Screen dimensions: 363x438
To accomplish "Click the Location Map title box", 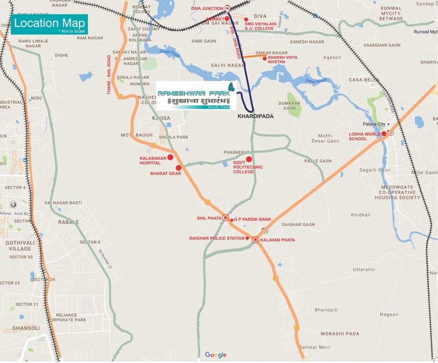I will [x=49, y=25].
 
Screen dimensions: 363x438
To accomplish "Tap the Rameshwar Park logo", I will [x=196, y=95].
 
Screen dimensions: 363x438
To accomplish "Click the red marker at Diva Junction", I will [x=228, y=8].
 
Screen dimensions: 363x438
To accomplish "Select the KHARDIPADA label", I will [x=255, y=116].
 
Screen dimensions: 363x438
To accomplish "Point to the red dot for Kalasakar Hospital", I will [x=171, y=157].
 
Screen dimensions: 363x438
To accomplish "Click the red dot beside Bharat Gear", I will [x=179, y=168].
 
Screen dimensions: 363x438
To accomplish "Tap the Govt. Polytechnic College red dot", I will [x=249, y=159].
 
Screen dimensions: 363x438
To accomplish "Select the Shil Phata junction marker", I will [x=226, y=218].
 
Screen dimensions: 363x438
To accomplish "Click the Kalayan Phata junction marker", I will [x=255, y=240].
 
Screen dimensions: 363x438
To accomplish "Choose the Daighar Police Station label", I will [x=217, y=239].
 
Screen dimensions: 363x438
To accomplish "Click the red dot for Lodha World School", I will [x=383, y=134].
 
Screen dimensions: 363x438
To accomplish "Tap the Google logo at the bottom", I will [x=215, y=355].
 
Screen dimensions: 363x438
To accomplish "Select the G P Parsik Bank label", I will [x=252, y=220].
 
